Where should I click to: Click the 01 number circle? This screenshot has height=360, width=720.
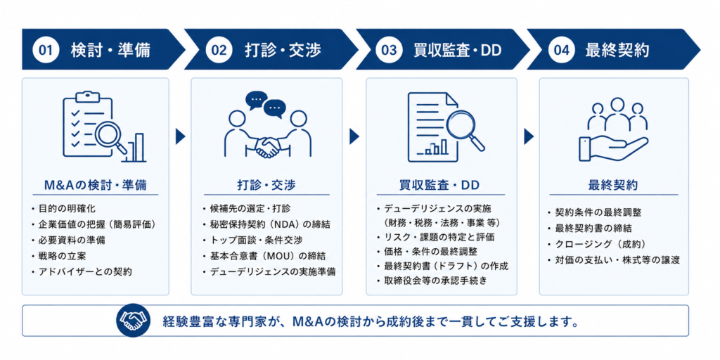coord(45,50)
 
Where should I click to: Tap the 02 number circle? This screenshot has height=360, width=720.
coord(219,50)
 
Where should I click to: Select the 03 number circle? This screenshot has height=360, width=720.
coord(388,50)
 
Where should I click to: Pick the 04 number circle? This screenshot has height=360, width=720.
coord(561,50)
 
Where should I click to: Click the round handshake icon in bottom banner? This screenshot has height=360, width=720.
coord(134,320)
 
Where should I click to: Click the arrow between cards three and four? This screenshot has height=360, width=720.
coord(529,136)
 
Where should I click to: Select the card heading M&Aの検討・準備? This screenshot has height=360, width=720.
coord(96,185)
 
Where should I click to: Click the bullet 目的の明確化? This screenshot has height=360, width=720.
coord(63,209)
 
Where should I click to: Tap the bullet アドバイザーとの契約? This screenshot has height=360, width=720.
coord(82,271)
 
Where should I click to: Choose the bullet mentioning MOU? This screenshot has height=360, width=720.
coord(267,256)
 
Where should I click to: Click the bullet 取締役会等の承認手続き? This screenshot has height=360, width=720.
coord(430,280)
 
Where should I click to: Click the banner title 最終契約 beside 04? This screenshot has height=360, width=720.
coord(617,50)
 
